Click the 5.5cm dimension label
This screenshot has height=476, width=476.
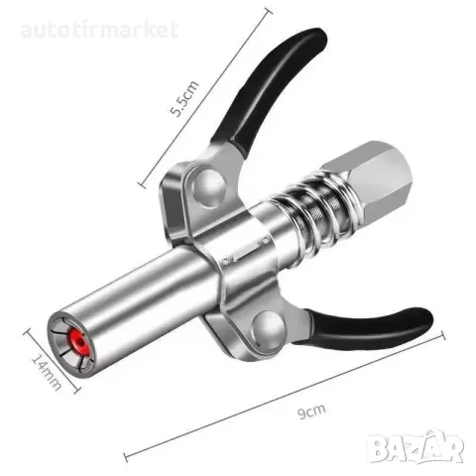pyautogui.click(x=184, y=98)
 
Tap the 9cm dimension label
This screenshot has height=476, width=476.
pyautogui.click(x=311, y=411)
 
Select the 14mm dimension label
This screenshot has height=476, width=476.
pyautogui.click(x=47, y=373)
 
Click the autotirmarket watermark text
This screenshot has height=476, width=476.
pyautogui.click(x=99, y=30)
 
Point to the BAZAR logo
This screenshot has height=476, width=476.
pyautogui.click(x=416, y=446)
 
